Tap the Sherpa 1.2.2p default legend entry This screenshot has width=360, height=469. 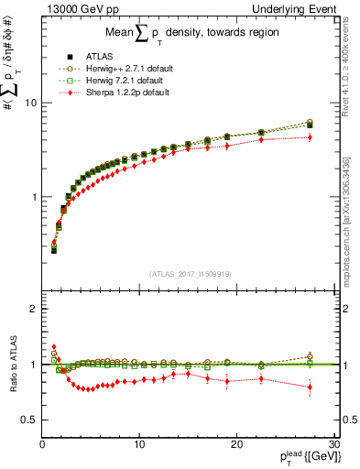[113, 92]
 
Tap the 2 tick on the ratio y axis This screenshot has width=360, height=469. [34, 309]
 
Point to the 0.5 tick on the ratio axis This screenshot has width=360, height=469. [30, 420]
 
